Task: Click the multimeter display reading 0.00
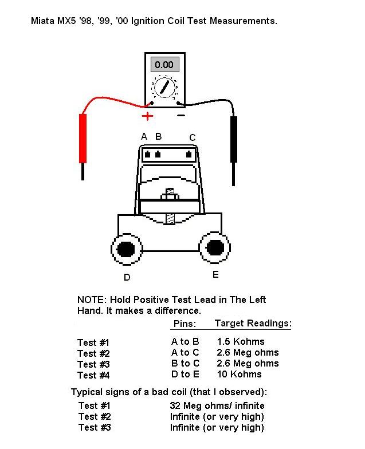pos(164,64)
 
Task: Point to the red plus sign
pos(147,116)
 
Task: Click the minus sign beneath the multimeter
pos(180,116)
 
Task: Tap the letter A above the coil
pos(144,136)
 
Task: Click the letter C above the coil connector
pos(193,137)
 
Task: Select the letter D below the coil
pos(127,278)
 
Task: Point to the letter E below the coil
pos(215,275)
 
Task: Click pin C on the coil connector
pos(189,154)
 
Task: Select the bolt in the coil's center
pos(170,206)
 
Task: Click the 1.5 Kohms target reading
pos(241,342)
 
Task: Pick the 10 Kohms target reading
pos(239,375)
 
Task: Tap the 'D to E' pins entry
pos(185,375)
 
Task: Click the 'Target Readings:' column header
pos(253,324)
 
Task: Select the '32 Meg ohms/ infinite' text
pos(217,406)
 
